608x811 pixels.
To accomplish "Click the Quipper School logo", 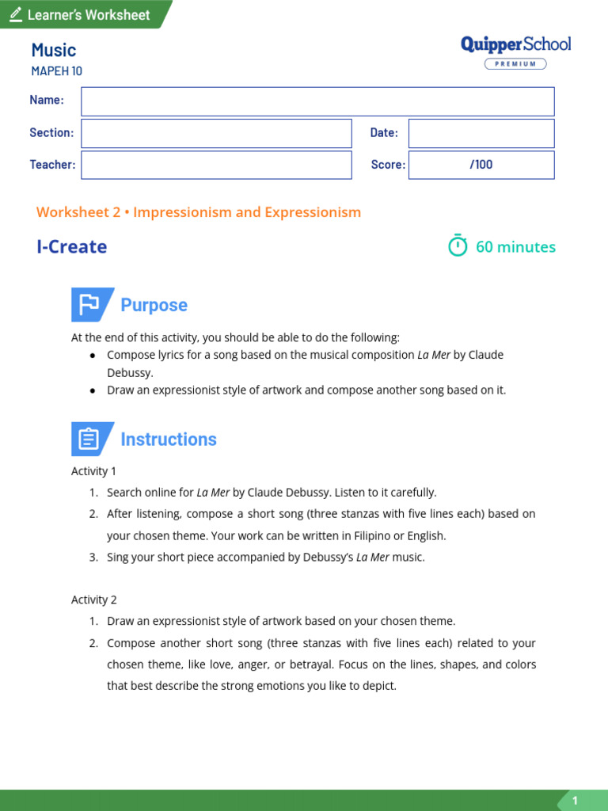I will (x=515, y=45).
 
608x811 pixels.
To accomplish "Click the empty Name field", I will (x=317, y=101).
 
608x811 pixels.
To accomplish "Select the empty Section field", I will (x=216, y=133).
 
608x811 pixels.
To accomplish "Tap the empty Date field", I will (x=481, y=133).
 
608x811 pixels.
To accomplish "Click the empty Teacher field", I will (x=216, y=165).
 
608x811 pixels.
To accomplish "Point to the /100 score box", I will (x=481, y=165).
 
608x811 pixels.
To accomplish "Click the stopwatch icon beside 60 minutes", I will (x=458, y=246).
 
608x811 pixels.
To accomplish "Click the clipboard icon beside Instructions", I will (x=89, y=439).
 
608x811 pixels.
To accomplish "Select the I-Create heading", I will (x=72, y=246).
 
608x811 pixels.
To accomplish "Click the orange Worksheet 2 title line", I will (x=199, y=212).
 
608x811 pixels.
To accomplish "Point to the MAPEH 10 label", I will (x=56, y=71).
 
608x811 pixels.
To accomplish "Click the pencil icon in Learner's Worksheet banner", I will (x=16, y=15).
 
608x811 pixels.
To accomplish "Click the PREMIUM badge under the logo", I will (x=515, y=64).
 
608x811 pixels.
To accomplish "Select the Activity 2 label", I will (x=94, y=600).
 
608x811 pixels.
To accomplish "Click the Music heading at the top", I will (x=54, y=50).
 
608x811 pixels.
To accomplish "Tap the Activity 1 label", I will (x=94, y=471).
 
